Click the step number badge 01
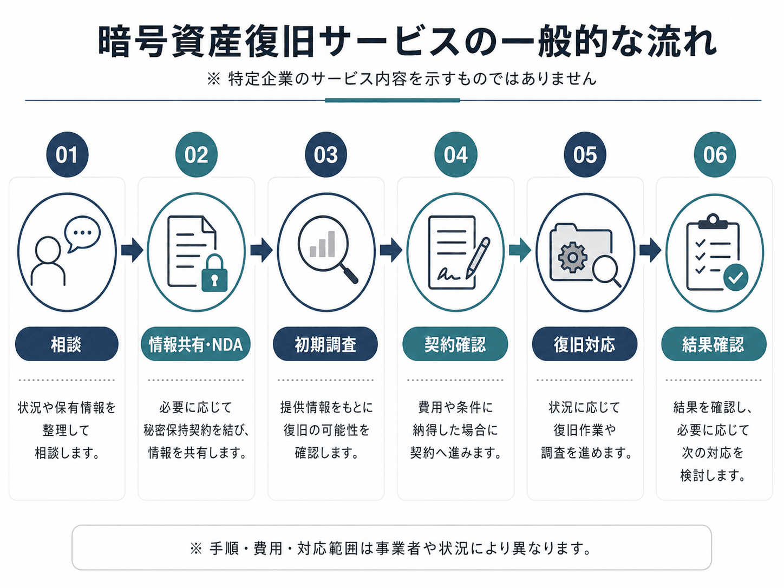point(67,154)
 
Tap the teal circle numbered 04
point(456,154)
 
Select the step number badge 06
point(715,154)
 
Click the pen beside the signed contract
point(478,258)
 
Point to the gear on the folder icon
point(572,257)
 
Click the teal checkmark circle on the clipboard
point(736,277)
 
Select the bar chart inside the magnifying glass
point(322,244)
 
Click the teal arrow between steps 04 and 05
point(520,250)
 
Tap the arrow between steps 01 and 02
point(132,250)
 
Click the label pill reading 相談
point(67,344)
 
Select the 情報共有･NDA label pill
point(196,344)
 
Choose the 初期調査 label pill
point(325,344)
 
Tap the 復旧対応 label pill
point(585,344)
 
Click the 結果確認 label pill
point(714,344)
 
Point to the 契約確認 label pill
point(455,344)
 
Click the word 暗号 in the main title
point(133,41)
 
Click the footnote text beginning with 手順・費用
point(400,548)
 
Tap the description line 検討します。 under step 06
point(713,475)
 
